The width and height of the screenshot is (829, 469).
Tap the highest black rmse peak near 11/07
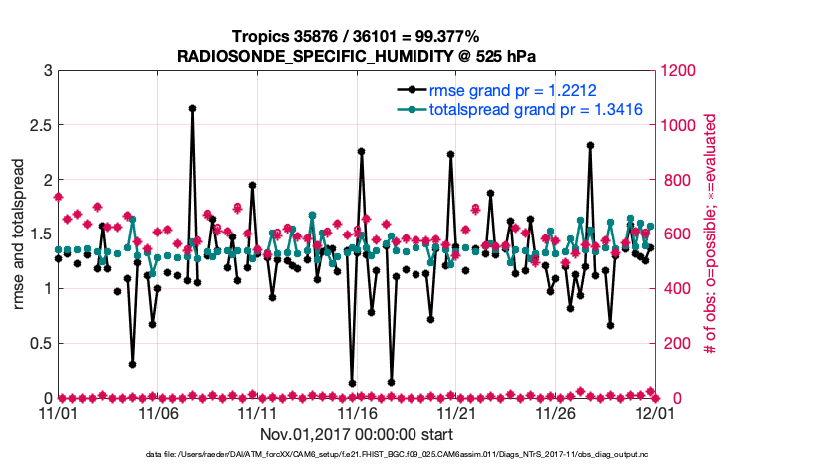192,108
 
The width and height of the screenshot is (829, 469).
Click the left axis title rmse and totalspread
17,234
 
